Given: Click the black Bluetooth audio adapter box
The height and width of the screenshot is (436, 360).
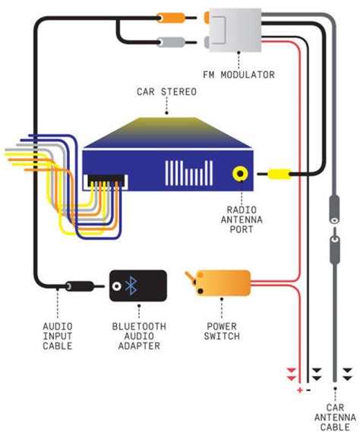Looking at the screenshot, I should [x=138, y=286].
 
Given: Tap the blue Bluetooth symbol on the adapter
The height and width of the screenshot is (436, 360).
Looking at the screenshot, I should [x=131, y=286].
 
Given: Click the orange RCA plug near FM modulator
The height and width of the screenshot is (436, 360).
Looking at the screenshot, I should [x=172, y=16].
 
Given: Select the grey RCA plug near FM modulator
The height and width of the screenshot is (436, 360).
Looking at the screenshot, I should [x=172, y=43].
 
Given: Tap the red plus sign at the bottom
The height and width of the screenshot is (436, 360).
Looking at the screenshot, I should [x=300, y=390].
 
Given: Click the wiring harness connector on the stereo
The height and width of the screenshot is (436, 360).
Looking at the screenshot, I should [x=106, y=182].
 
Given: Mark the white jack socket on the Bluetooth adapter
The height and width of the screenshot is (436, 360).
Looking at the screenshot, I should [x=116, y=286].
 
